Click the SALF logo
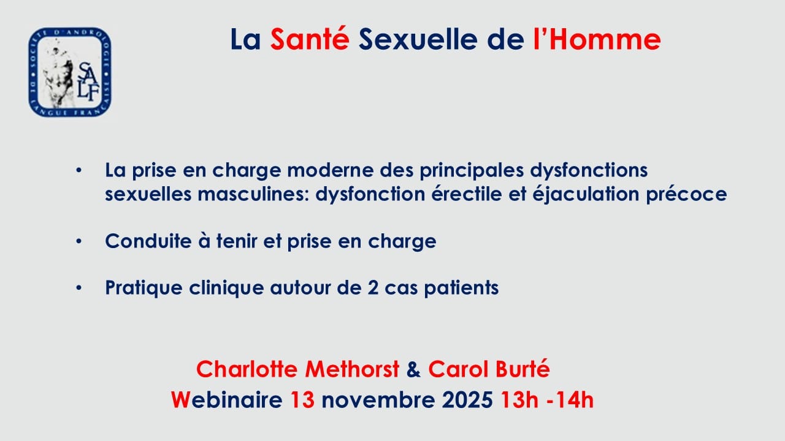(70, 72)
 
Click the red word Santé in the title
(310, 39)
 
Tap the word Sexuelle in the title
(418, 39)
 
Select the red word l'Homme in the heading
(597, 39)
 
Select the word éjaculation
(586, 195)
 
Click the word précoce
(686, 195)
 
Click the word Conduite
(148, 241)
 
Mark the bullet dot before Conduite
(79, 241)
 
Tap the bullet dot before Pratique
(79, 288)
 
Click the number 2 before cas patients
(373, 288)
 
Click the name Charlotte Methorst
(297, 369)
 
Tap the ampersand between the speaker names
(413, 369)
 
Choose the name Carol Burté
(489, 369)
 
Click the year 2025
(467, 400)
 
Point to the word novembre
(378, 400)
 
